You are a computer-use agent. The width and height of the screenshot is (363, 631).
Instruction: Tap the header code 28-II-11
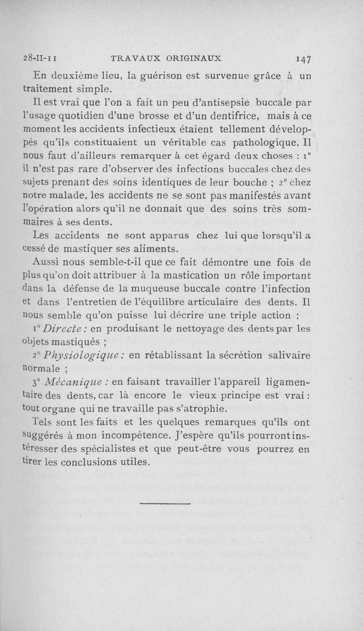pyautogui.click(x=39, y=58)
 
